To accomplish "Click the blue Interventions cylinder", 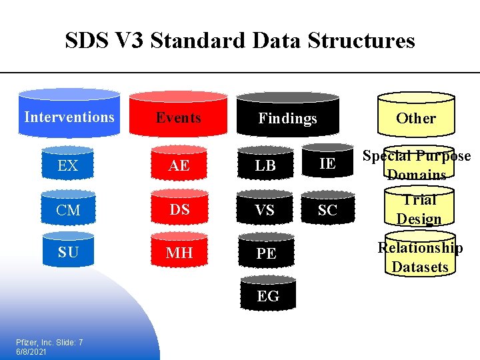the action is tap(69, 115).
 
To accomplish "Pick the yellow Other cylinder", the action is tap(416, 117).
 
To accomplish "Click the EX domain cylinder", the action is tap(68, 164).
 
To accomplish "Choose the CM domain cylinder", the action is tap(68, 209).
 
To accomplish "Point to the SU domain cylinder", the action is tap(68, 251).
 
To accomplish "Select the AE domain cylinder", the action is tap(179, 164).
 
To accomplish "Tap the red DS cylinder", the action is tap(179, 208).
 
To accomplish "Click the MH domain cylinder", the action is tap(179, 251).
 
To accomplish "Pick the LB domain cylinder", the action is tap(265, 164).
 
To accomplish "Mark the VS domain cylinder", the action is tap(265, 209).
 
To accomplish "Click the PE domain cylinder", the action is tap(266, 252).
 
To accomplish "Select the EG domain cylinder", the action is tap(267, 295).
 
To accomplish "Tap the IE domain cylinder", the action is tap(327, 162).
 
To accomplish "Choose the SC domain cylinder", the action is tap(327, 209).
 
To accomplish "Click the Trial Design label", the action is tap(419, 209).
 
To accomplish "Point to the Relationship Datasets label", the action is tap(420, 257).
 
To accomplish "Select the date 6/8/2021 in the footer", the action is tap(31, 351).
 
